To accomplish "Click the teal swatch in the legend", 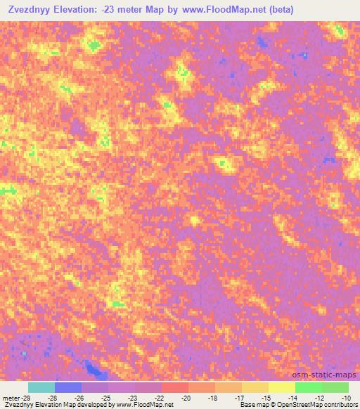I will pyautogui.click(x=41, y=387).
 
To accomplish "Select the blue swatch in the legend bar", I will pyautogui.click(x=67, y=387).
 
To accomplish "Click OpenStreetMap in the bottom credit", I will pyautogui.click(x=292, y=405).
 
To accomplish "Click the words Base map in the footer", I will pyautogui.click(x=250, y=405).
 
